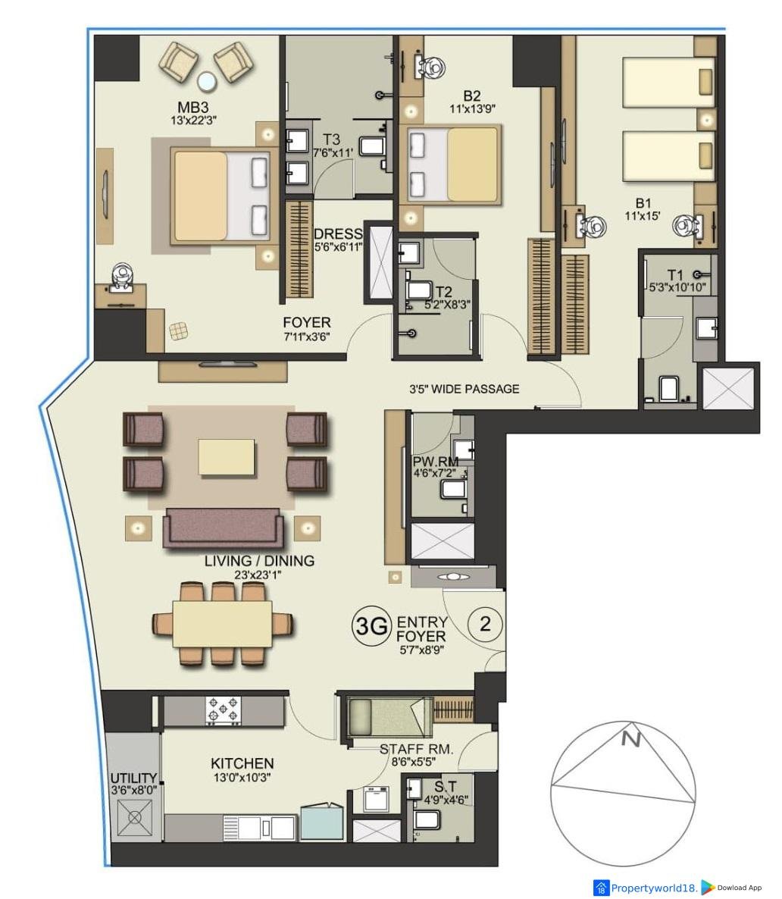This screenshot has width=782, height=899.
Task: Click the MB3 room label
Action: (x=192, y=107)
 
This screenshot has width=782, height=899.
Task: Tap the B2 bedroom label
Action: (x=472, y=96)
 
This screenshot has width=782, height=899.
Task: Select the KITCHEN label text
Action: (x=242, y=763)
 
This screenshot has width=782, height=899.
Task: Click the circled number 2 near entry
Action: (x=485, y=623)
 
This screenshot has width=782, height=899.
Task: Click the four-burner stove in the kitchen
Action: (x=224, y=710)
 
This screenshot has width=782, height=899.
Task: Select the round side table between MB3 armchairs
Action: (x=206, y=82)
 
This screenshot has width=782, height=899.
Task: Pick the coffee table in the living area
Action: (x=227, y=457)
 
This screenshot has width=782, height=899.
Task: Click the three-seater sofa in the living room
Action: (x=223, y=528)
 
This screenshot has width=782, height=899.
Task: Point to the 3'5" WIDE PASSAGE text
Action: (x=464, y=389)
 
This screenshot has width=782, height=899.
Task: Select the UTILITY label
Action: (x=133, y=778)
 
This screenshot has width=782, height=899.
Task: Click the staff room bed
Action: (x=389, y=716)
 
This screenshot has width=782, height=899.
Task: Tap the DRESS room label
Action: (x=338, y=233)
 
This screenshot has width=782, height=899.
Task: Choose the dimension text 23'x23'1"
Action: (x=258, y=575)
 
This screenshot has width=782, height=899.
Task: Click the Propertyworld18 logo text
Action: (x=654, y=888)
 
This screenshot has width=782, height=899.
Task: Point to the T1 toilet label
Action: (x=675, y=275)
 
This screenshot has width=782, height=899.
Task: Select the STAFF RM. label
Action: (x=416, y=750)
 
